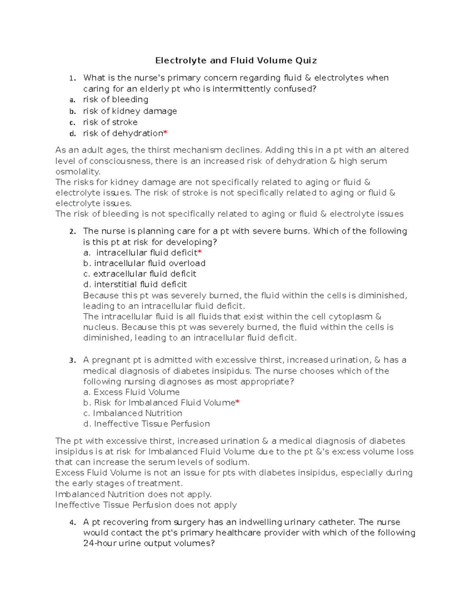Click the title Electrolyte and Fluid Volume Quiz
click(x=236, y=60)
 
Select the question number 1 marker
click(x=72, y=78)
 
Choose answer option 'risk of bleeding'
click(x=115, y=100)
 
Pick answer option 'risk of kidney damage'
click(x=130, y=111)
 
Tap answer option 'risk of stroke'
click(x=110, y=122)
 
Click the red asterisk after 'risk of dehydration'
click(x=165, y=133)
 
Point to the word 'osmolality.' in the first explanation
click(x=78, y=172)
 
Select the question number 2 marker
click(x=72, y=232)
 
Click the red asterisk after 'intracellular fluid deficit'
click(x=200, y=252)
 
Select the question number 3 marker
click(x=72, y=360)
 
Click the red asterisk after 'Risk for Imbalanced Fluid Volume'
click(x=238, y=402)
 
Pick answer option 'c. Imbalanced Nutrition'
click(x=133, y=413)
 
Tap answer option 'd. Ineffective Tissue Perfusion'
click(x=146, y=424)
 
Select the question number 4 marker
click(x=72, y=523)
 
